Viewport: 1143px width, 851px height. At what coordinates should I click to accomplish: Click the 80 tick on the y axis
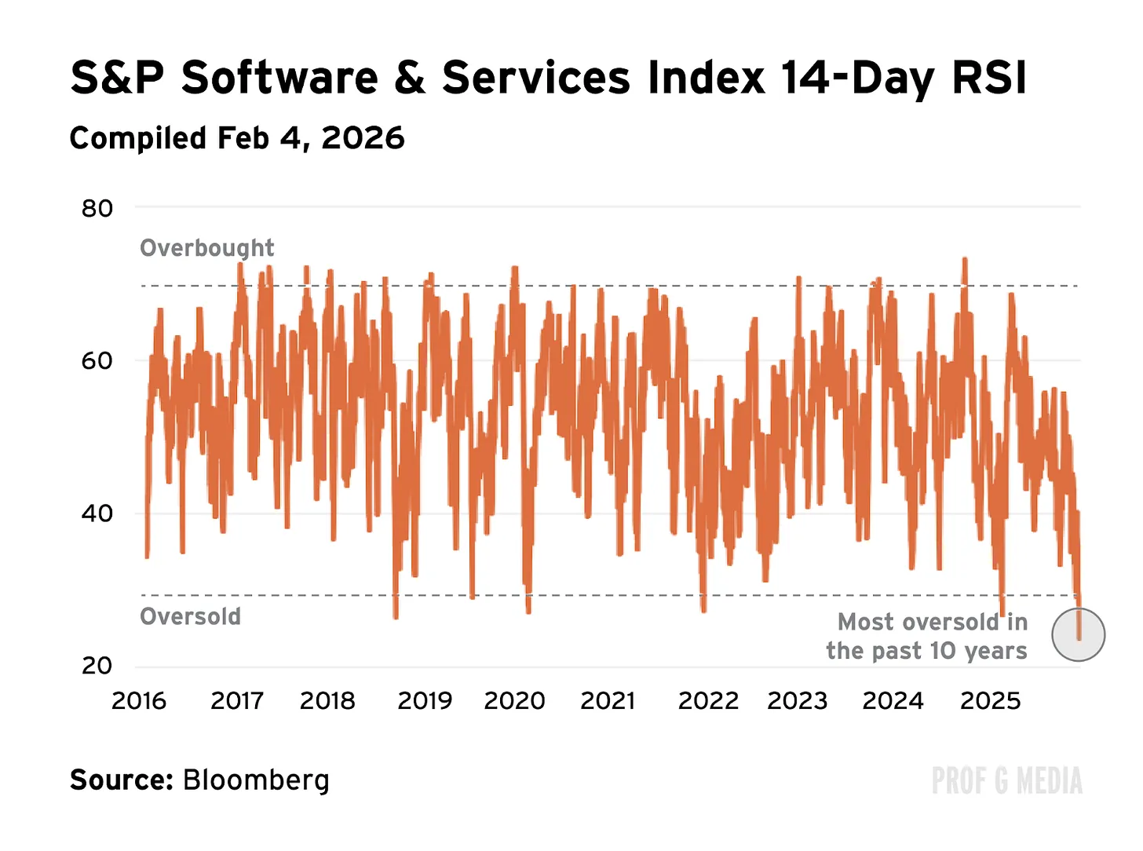click(97, 208)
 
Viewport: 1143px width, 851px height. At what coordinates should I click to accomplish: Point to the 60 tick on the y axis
click(97, 360)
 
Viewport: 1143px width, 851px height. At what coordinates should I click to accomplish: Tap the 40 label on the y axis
click(97, 513)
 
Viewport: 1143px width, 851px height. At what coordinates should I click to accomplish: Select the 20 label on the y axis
click(97, 666)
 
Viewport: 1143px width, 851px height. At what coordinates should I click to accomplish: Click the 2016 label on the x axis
click(139, 700)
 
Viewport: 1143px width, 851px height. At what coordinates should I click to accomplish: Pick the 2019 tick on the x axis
click(425, 700)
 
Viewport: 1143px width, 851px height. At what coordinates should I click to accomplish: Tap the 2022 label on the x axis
click(708, 700)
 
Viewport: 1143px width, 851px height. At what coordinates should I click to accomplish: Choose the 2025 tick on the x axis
click(990, 700)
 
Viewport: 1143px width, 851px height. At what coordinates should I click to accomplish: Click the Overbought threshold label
click(207, 248)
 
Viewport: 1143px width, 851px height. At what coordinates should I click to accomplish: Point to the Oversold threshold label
click(191, 616)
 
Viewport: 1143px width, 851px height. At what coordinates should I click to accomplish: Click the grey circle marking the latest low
click(1079, 634)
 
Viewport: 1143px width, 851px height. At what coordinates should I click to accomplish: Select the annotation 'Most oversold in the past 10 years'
click(928, 637)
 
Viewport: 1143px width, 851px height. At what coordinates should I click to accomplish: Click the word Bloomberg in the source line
click(256, 780)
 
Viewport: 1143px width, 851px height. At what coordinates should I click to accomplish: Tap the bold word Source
click(121, 780)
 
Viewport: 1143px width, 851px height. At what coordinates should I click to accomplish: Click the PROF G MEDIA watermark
click(1007, 781)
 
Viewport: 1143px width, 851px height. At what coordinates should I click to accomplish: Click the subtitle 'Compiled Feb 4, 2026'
click(237, 138)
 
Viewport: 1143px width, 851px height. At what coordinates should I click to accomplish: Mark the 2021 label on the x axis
click(608, 700)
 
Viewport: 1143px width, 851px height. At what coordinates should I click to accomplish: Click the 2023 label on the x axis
click(798, 700)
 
